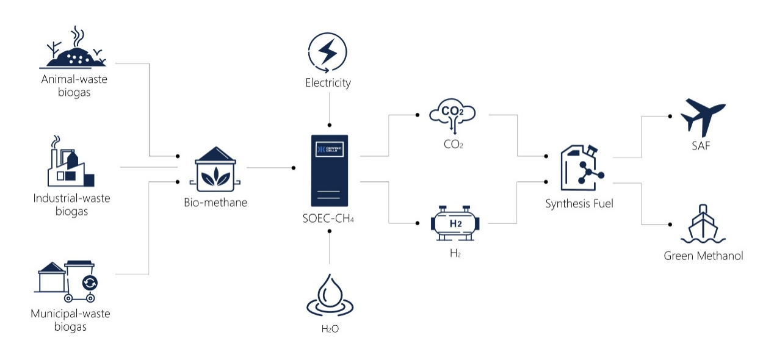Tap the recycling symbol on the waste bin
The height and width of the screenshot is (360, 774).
click(90, 283)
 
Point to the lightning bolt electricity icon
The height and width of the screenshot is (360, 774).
click(328, 52)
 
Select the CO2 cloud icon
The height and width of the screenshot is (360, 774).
click(452, 115)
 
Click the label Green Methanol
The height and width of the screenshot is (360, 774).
click(703, 256)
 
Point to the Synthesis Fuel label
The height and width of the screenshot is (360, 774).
click(579, 204)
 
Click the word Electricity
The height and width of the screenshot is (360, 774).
click(328, 83)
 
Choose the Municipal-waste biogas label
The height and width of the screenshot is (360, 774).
click(70, 320)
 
